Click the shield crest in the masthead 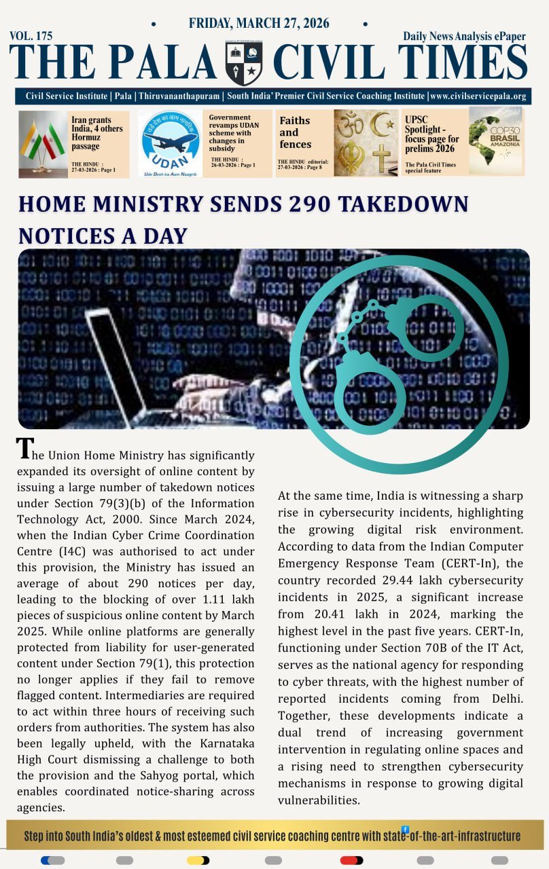[x=244, y=63]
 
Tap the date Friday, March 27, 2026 [x=259, y=23]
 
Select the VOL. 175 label [x=31, y=36]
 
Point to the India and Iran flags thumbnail [x=43, y=144]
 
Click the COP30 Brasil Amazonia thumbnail [x=495, y=141]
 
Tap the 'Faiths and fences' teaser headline [x=295, y=132]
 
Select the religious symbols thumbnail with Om [x=366, y=143]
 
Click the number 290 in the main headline [x=272, y=204]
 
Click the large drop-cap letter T [x=24, y=449]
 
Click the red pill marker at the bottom [x=351, y=860]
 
